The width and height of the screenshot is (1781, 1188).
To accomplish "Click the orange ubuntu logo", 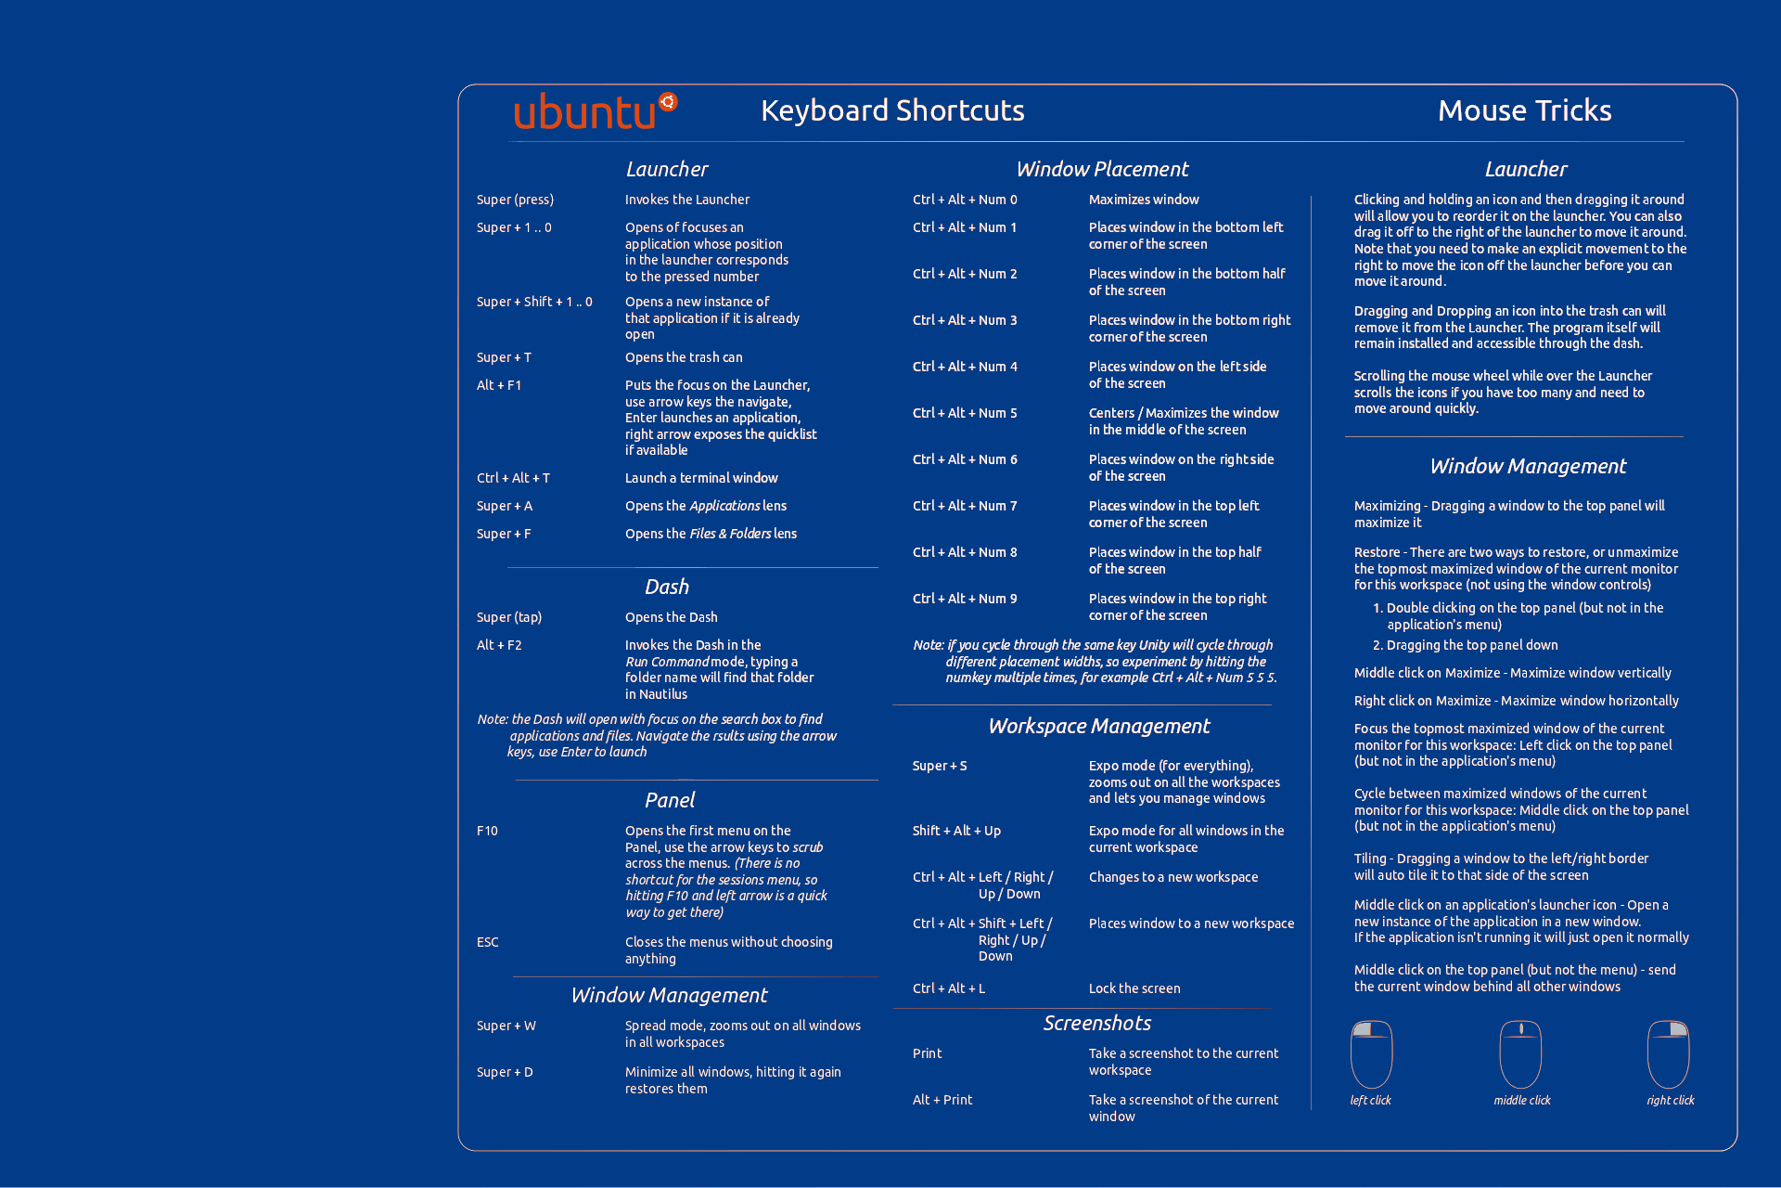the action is pyautogui.click(x=595, y=111).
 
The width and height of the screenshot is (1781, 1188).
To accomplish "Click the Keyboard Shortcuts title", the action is pyautogui.click(x=892, y=110).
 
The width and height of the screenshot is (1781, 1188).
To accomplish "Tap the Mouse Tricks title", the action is pyautogui.click(x=1524, y=110).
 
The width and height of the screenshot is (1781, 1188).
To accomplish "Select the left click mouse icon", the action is pyautogui.click(x=1371, y=1054).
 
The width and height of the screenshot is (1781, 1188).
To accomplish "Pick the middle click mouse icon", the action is pyautogui.click(x=1520, y=1054).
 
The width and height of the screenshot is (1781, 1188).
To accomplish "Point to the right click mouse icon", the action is pyautogui.click(x=1668, y=1054).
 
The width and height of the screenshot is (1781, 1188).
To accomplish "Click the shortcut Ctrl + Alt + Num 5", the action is pyautogui.click(x=965, y=413).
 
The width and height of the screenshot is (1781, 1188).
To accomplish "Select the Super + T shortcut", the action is pyautogui.click(x=504, y=357).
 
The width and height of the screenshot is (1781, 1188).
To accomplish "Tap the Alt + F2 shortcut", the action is pyautogui.click(x=499, y=645).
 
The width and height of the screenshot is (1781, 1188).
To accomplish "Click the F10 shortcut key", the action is pyautogui.click(x=487, y=831).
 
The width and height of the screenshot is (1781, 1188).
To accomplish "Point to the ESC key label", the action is pyautogui.click(x=487, y=942).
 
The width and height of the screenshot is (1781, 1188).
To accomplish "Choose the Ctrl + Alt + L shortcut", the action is pyautogui.click(x=948, y=988).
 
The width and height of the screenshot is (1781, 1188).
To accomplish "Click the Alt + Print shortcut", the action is pyautogui.click(x=942, y=1100).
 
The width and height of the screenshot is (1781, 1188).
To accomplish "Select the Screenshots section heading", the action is pyautogui.click(x=1096, y=1023).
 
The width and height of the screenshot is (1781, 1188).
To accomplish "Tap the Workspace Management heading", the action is pyautogui.click(x=1098, y=726).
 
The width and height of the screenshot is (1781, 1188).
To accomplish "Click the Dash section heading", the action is pyautogui.click(x=667, y=587).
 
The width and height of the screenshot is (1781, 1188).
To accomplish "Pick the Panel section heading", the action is pyautogui.click(x=669, y=800).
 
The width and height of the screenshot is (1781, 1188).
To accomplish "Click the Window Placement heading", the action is pyautogui.click(x=1102, y=169).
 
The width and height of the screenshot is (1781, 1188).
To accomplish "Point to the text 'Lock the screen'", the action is pyautogui.click(x=1134, y=988).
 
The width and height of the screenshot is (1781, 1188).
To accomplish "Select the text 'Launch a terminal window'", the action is pyautogui.click(x=701, y=478).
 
